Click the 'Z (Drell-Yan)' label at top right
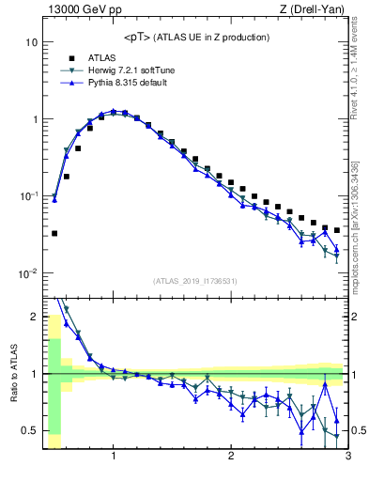(315, 10)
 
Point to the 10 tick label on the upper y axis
(31, 43)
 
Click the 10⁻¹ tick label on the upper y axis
(28, 196)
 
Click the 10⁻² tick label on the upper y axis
(28, 273)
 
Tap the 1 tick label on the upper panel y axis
(34, 120)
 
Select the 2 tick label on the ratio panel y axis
(34, 317)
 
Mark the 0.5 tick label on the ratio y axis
(30, 431)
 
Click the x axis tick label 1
(114, 458)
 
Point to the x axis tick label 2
(231, 458)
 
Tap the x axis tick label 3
(347, 458)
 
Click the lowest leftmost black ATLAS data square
(54, 233)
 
